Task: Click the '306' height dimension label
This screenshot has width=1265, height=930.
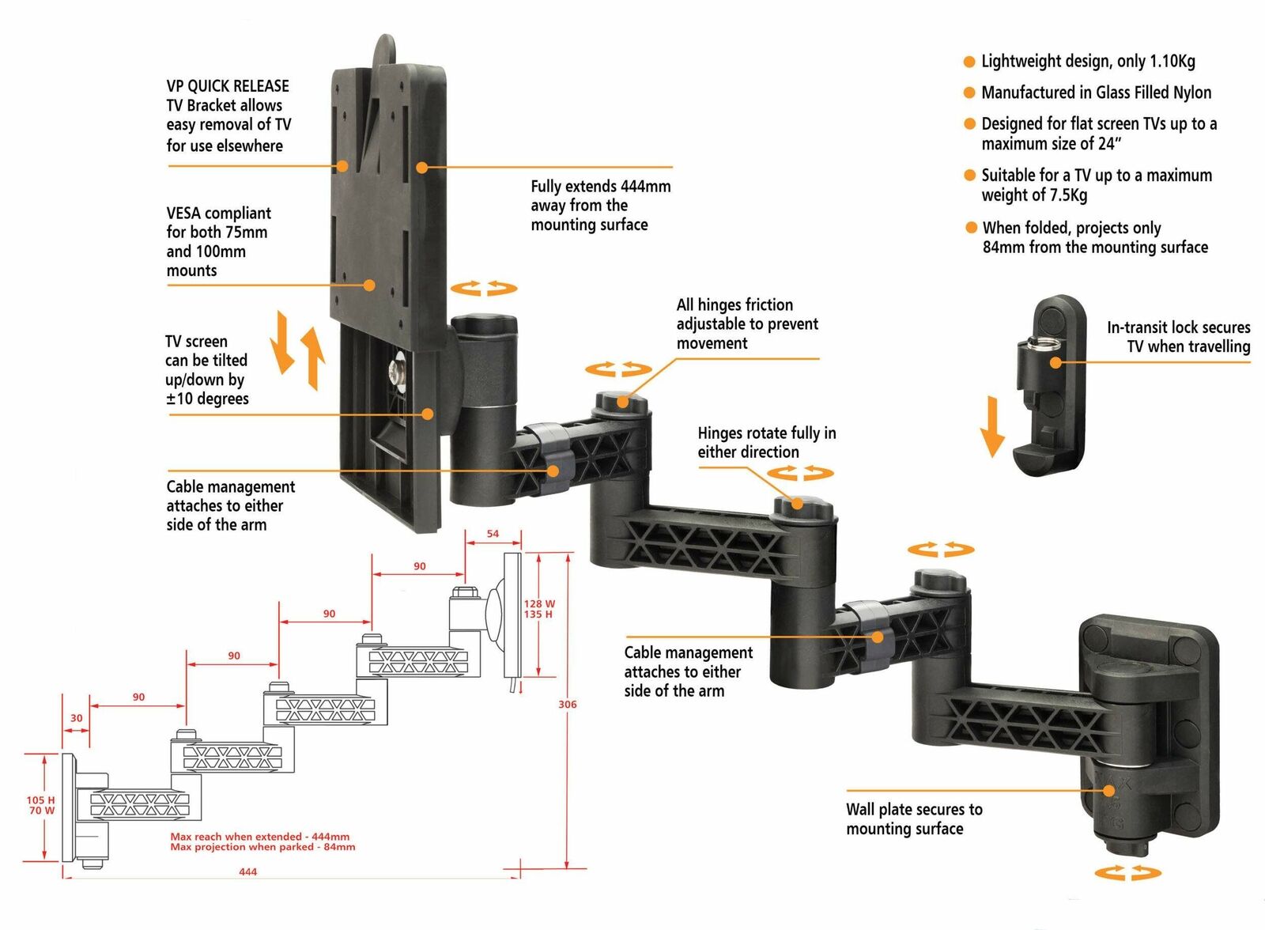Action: [567, 704]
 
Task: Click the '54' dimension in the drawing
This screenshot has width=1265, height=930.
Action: [493, 534]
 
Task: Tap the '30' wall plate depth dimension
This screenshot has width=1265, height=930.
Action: [76, 718]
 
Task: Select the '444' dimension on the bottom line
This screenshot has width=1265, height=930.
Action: [247, 871]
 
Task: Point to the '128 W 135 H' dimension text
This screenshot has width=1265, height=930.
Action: [538, 609]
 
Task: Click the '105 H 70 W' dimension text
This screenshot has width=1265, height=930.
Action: [40, 805]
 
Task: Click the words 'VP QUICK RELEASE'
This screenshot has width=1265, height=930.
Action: [228, 86]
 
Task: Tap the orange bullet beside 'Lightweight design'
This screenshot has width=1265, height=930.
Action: [969, 62]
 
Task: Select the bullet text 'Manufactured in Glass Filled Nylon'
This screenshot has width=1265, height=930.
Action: [1096, 93]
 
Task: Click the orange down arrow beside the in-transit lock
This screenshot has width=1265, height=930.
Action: [991, 427]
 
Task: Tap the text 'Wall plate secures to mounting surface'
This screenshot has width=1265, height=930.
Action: [913, 818]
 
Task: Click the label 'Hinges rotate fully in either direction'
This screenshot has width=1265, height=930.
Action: [765, 442]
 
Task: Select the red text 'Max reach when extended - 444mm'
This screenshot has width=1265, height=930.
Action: [259, 836]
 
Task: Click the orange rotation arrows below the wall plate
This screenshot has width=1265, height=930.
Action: [1127, 873]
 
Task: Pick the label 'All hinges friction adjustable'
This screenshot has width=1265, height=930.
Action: [746, 323]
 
